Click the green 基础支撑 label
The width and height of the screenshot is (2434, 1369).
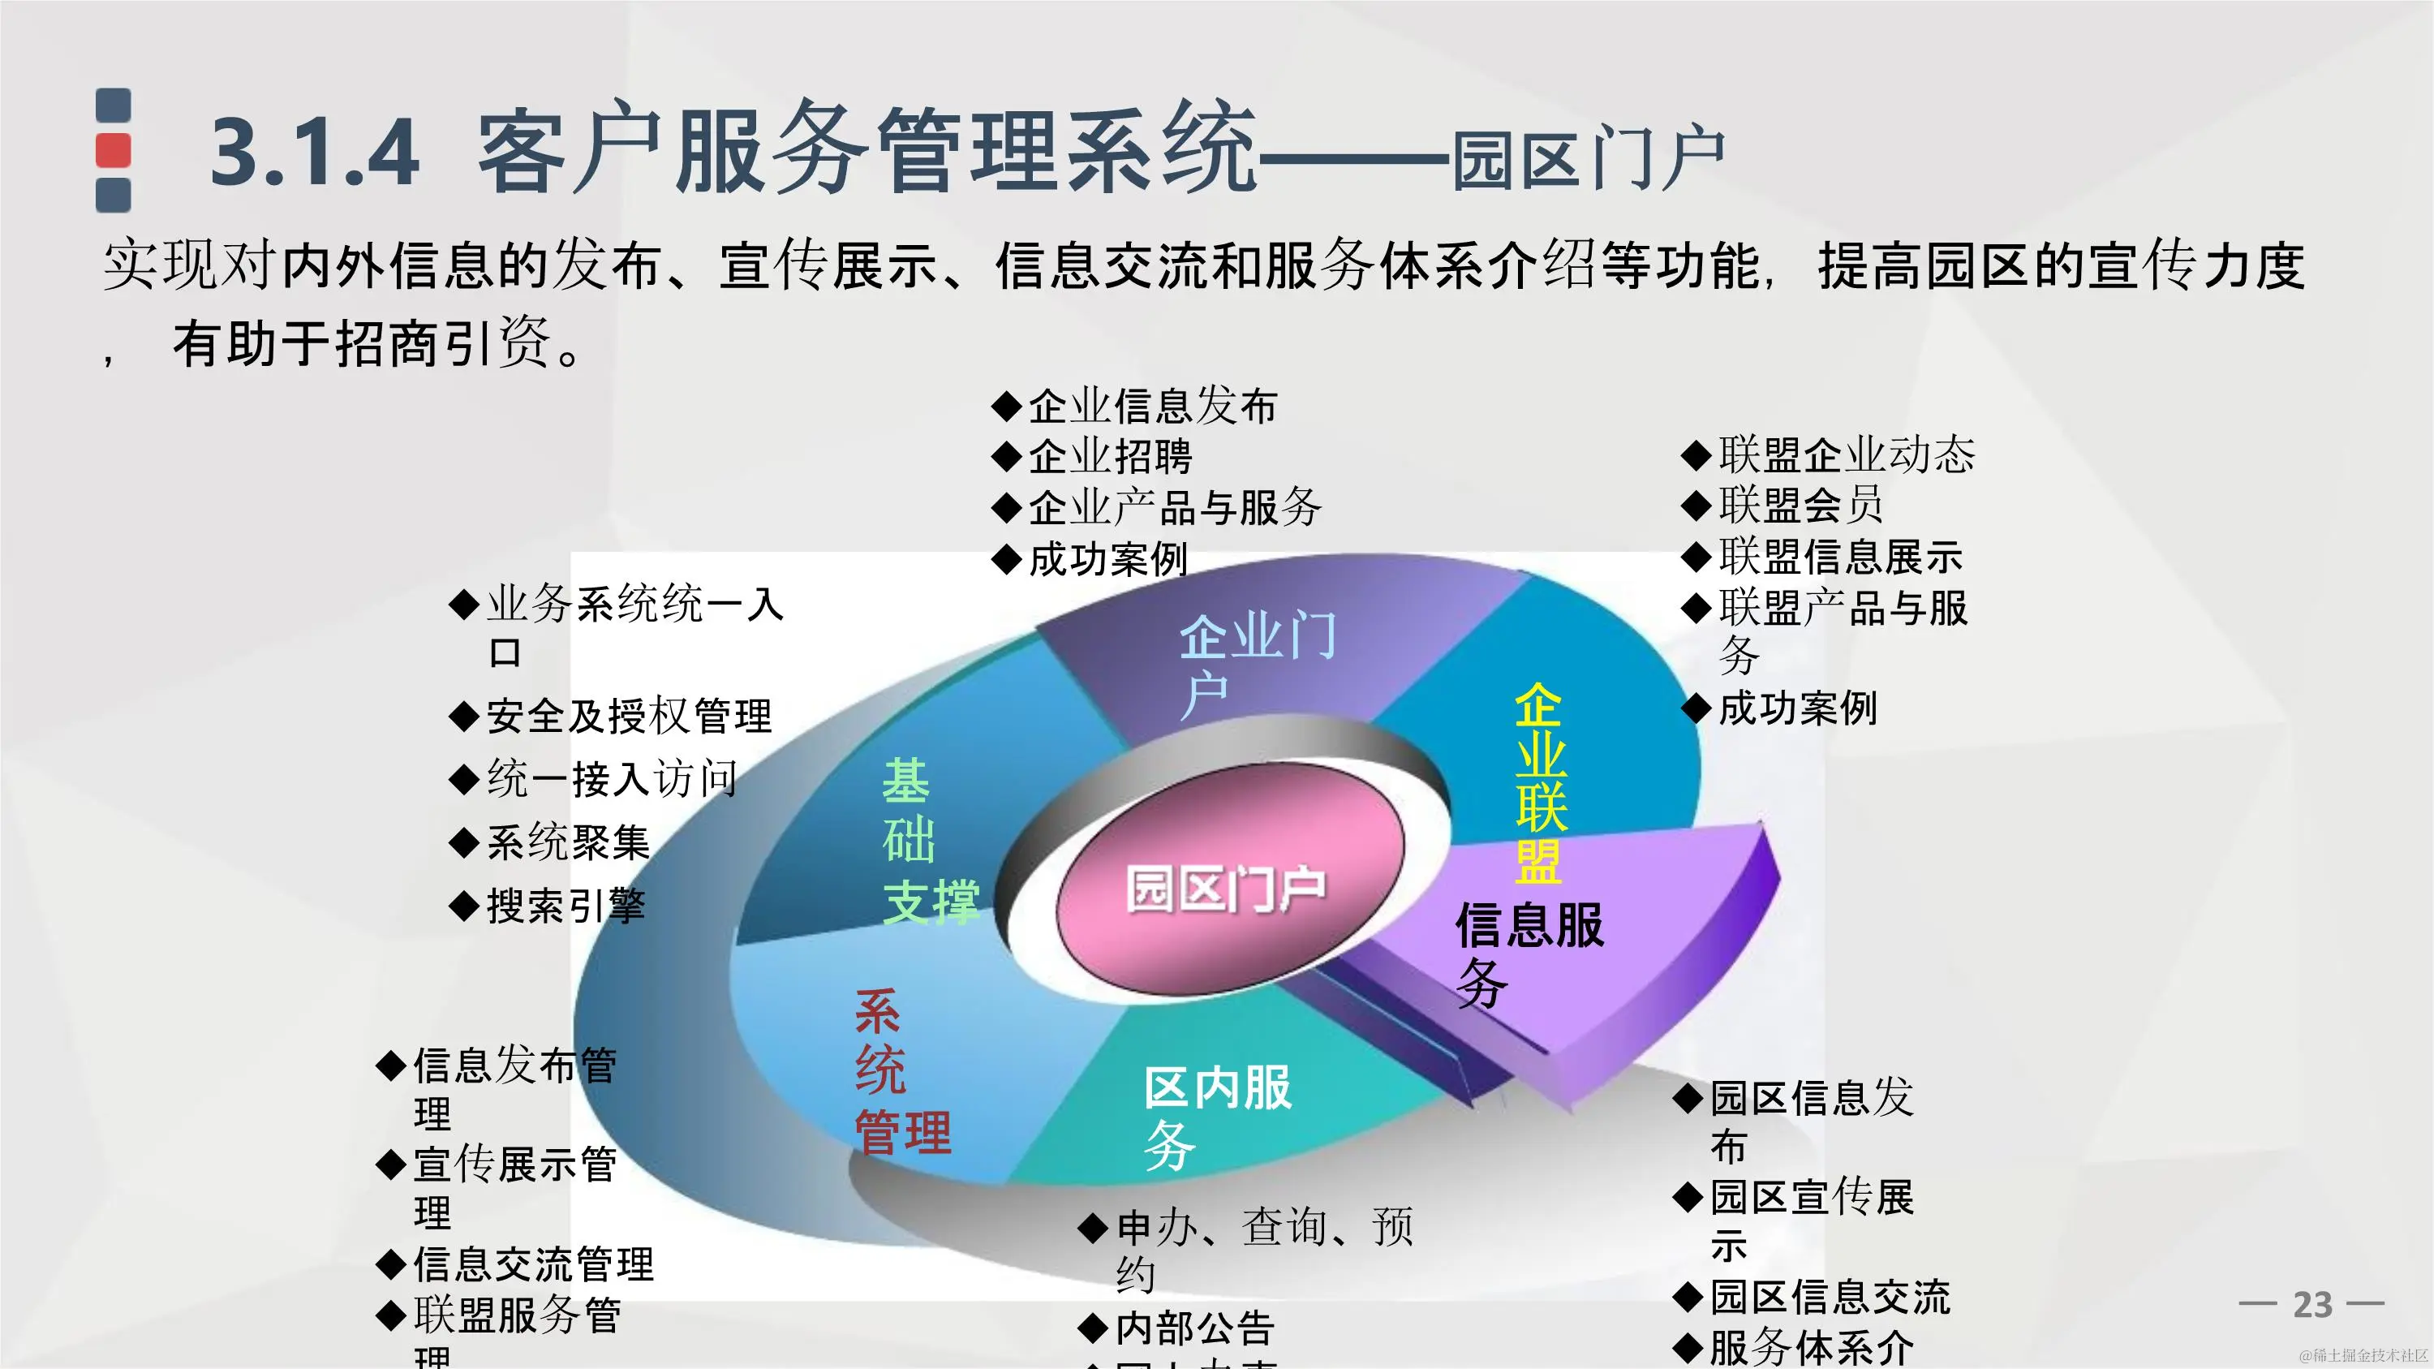coord(926,841)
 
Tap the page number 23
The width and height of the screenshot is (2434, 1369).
coord(2312,1305)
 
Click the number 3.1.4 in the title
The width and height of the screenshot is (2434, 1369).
coord(315,151)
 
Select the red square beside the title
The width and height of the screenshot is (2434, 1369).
coord(114,150)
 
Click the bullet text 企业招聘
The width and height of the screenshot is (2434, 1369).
coord(1109,457)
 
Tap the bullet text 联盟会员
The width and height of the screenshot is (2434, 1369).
coord(1800,505)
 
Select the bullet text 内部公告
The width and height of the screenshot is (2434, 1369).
coord(1194,1328)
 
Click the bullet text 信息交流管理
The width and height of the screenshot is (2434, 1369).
coord(533,1264)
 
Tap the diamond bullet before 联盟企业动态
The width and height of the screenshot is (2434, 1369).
coord(1696,455)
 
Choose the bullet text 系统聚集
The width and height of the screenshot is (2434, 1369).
coord(568,842)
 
